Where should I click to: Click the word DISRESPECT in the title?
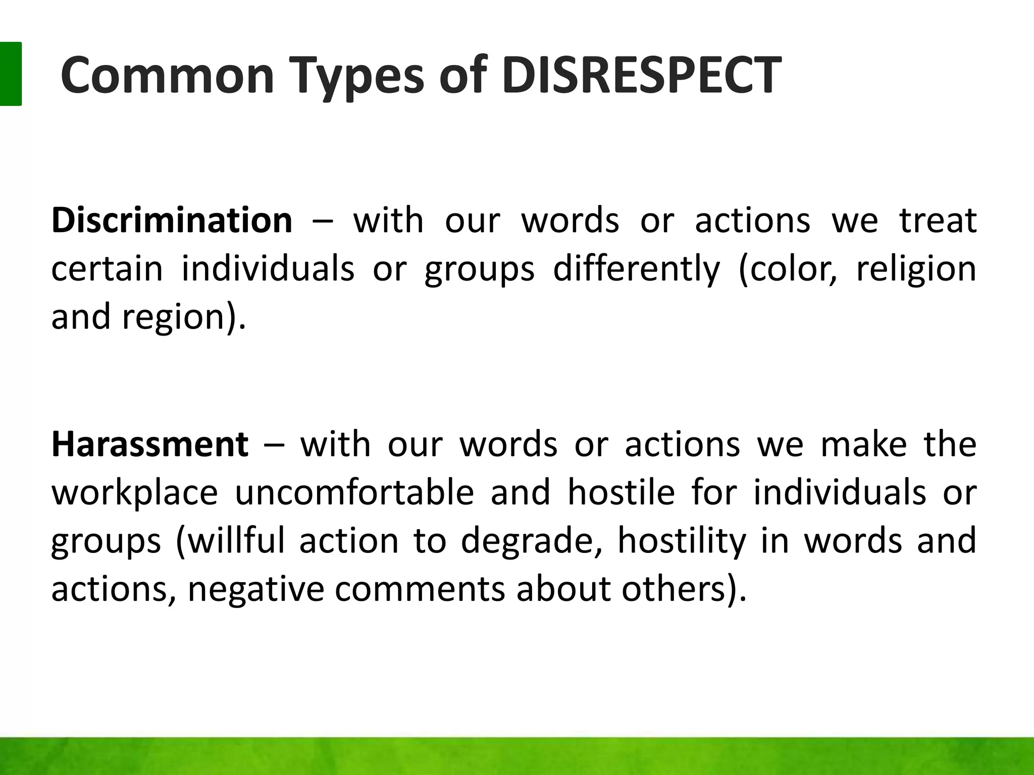point(641,76)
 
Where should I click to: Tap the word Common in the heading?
point(167,76)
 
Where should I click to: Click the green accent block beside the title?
point(10,74)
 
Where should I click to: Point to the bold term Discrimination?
point(172,220)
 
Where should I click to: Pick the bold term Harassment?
point(150,444)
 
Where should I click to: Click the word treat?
point(938,220)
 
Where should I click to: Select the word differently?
point(637,268)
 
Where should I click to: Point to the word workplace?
point(135,493)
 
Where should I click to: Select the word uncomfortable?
point(354,492)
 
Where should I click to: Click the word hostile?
point(621,492)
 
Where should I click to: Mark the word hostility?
point(682,541)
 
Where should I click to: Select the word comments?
point(420,589)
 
